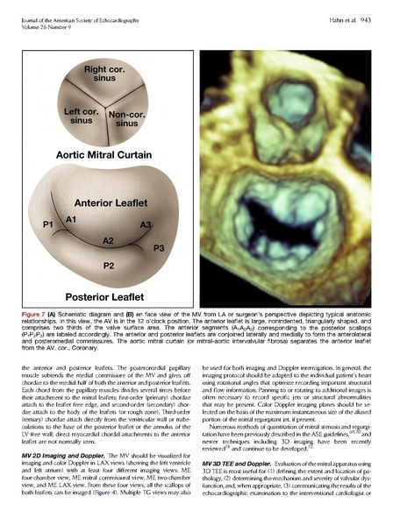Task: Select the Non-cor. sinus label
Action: (x=127, y=118)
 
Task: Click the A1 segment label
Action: (x=73, y=218)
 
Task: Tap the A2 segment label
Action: (x=108, y=239)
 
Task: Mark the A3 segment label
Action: (x=146, y=224)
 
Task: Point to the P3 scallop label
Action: (x=158, y=249)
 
